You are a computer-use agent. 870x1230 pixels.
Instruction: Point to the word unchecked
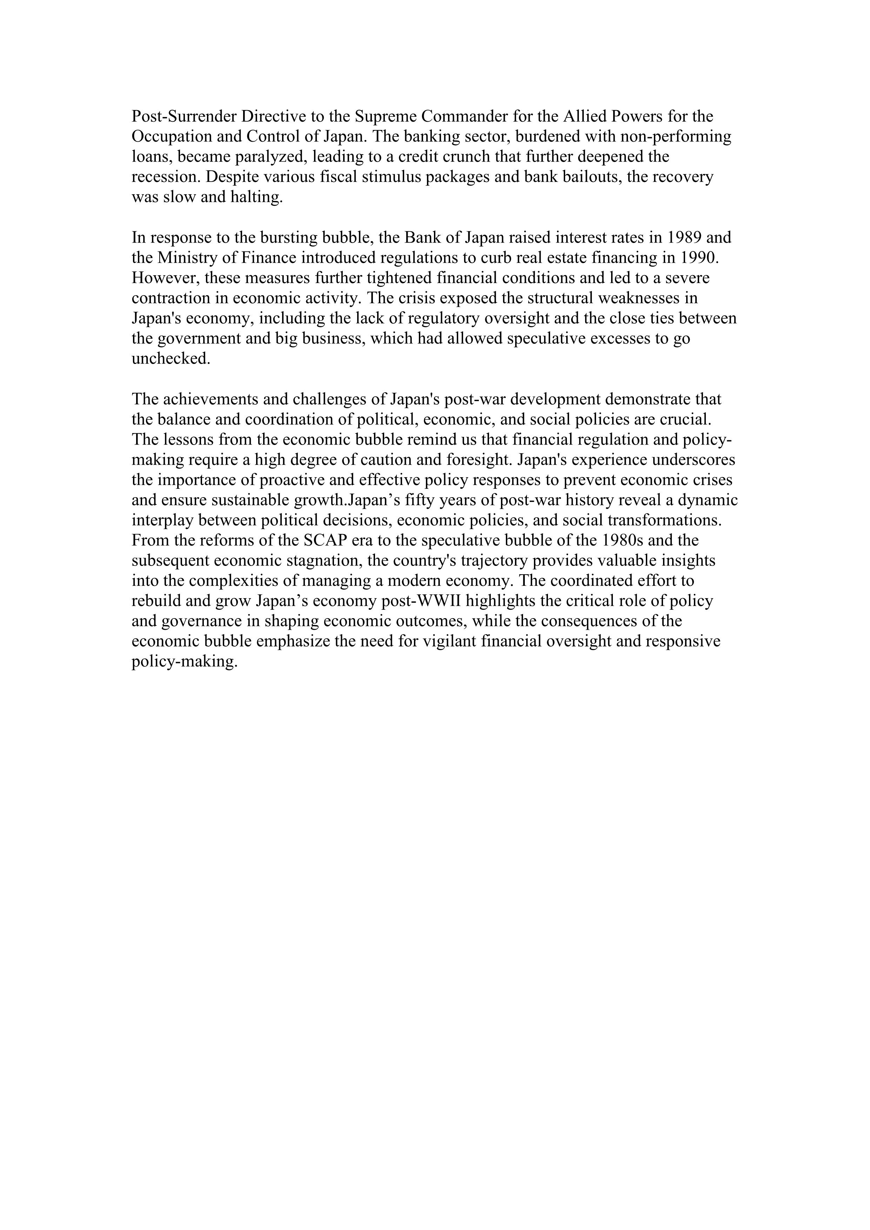pos(171,359)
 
